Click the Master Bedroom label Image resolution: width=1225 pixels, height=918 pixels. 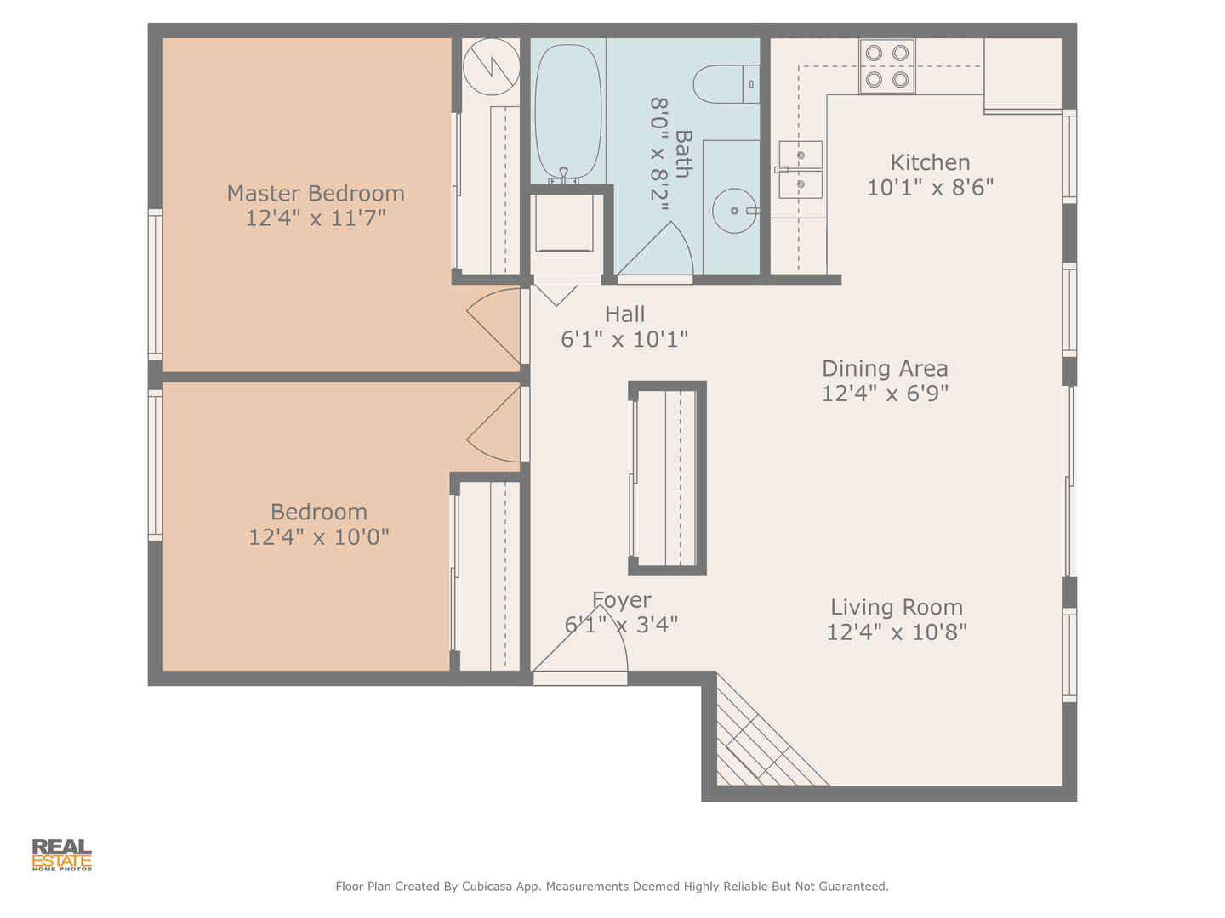316,194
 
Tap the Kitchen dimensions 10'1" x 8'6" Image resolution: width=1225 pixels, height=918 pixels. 931,187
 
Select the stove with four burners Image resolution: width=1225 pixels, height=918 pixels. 886,66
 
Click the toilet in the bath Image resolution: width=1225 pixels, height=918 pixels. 726,84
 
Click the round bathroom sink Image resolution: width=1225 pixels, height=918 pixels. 734,211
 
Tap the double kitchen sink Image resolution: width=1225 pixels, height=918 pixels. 801,169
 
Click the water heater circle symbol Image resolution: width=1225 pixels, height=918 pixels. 492,66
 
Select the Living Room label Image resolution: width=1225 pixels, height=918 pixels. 897,607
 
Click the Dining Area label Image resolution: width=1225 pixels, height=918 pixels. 885,368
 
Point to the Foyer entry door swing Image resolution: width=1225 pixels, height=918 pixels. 580,637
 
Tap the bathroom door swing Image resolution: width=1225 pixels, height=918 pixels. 655,248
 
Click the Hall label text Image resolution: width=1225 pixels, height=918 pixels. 625,314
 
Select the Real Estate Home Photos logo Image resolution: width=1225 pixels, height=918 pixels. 62,855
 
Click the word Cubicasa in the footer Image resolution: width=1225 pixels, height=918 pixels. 487,887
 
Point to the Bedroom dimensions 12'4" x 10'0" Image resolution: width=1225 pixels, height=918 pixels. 319,537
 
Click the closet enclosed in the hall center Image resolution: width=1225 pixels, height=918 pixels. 668,479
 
